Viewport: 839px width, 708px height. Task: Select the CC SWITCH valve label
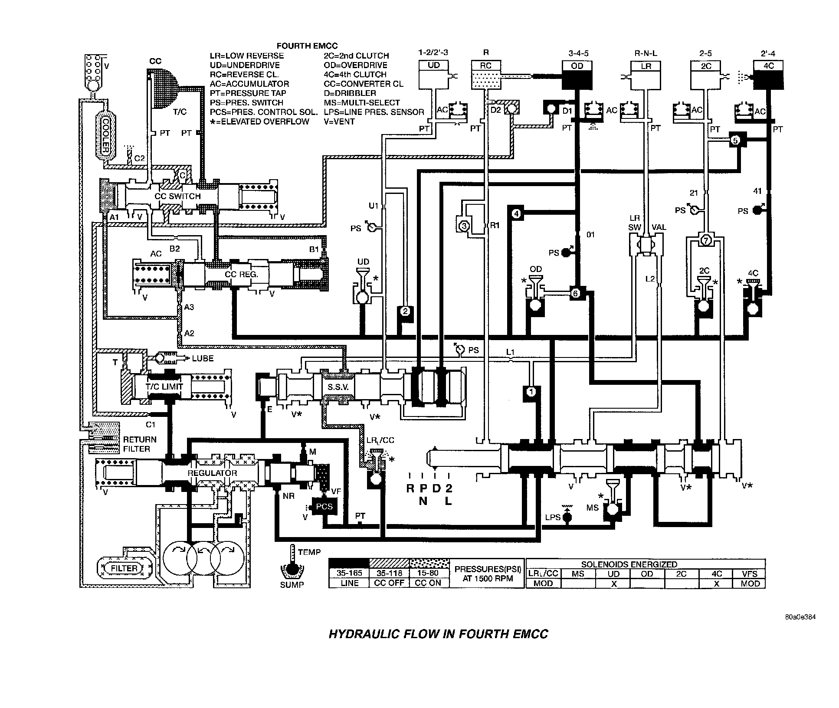click(x=177, y=196)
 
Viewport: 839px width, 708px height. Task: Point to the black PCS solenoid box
click(x=324, y=506)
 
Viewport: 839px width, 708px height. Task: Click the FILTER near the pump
click(x=124, y=568)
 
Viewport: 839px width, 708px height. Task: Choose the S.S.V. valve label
click(x=338, y=387)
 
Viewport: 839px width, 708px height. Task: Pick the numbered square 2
click(x=405, y=311)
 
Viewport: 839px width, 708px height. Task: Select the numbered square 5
click(x=735, y=141)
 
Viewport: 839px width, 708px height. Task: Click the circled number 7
click(x=706, y=240)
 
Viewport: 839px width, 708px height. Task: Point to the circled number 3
click(x=464, y=226)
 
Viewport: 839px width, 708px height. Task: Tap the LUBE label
click(x=203, y=358)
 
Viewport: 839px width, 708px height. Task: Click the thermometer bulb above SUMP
click(x=291, y=569)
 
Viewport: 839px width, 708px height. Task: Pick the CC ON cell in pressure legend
click(x=428, y=583)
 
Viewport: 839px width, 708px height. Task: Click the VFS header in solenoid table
click(x=749, y=574)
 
